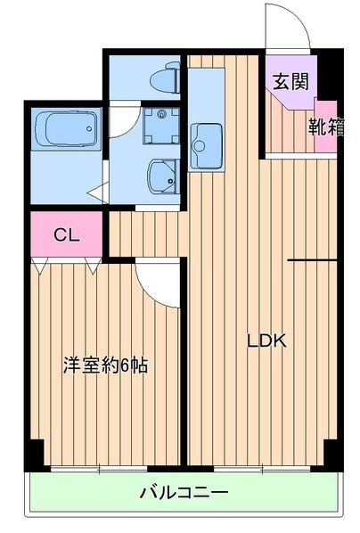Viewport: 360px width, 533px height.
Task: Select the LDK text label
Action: click(x=266, y=340)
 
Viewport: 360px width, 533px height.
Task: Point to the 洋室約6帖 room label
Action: click(x=104, y=365)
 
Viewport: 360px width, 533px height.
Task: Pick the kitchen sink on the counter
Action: click(x=208, y=141)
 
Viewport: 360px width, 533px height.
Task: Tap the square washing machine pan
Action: click(x=161, y=126)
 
